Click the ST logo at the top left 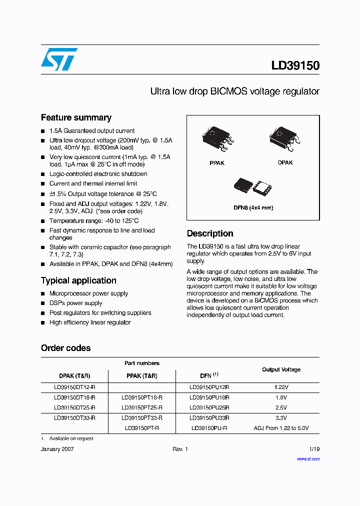coord(59,59)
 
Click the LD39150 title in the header coord(295,66)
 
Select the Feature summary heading coord(76,118)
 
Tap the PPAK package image coord(217,138)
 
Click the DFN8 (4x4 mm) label coord(253,207)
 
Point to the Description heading coord(210,233)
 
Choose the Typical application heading coord(78,280)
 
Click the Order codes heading coord(65,348)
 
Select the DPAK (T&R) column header coord(74,376)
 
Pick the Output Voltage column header coord(281,369)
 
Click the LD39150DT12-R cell coord(74,387)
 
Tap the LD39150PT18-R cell coord(142,397)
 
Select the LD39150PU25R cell coord(209,407)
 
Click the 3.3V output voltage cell coord(281,417)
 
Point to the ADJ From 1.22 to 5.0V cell coord(281,428)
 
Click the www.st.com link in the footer coord(308,459)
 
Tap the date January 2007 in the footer coord(57,449)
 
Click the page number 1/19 coord(313,449)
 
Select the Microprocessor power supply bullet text coord(88,293)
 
